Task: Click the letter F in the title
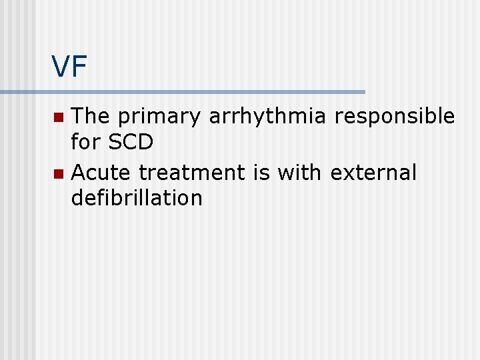(x=79, y=67)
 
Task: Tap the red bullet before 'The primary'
(x=59, y=118)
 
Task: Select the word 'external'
(x=373, y=173)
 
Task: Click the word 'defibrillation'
(x=137, y=198)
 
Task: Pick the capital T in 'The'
(x=78, y=117)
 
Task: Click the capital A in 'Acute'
(x=79, y=173)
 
